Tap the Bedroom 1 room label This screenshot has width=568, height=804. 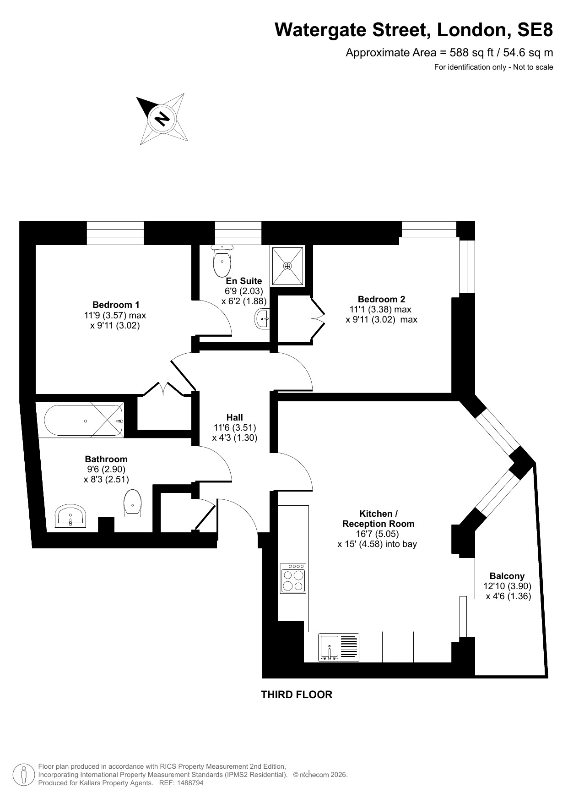coord(116,305)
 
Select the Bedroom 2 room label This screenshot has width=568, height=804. coord(381,299)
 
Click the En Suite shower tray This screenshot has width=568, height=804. coord(287,265)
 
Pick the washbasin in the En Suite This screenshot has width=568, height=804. coord(262,318)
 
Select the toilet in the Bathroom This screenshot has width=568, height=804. coord(132,503)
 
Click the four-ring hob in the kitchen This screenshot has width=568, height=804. coord(293,578)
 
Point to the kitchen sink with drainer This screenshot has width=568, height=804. coord(339,647)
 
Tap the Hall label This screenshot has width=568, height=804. coord(235,417)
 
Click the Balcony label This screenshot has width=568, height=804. coord(507,576)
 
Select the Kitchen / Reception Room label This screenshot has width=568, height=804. coord(378,519)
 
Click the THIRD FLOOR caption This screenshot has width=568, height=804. coord(297,695)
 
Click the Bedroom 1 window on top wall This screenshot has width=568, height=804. coord(115,233)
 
